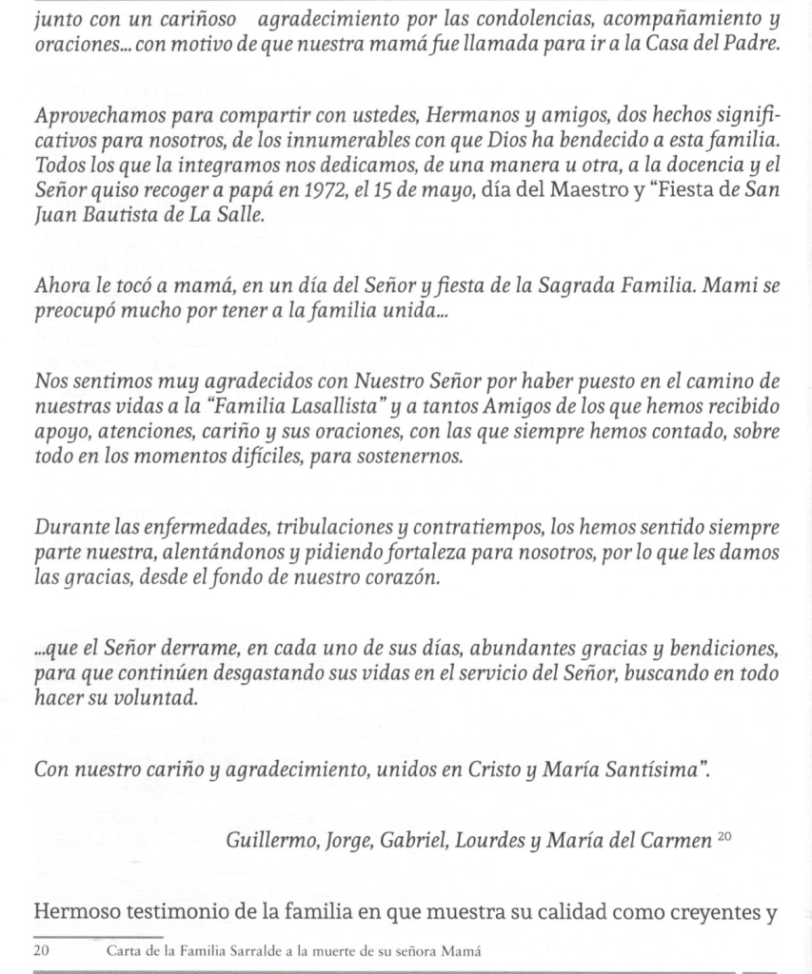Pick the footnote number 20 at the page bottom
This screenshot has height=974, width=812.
pos(42,951)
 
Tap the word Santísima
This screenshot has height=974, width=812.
pos(649,769)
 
